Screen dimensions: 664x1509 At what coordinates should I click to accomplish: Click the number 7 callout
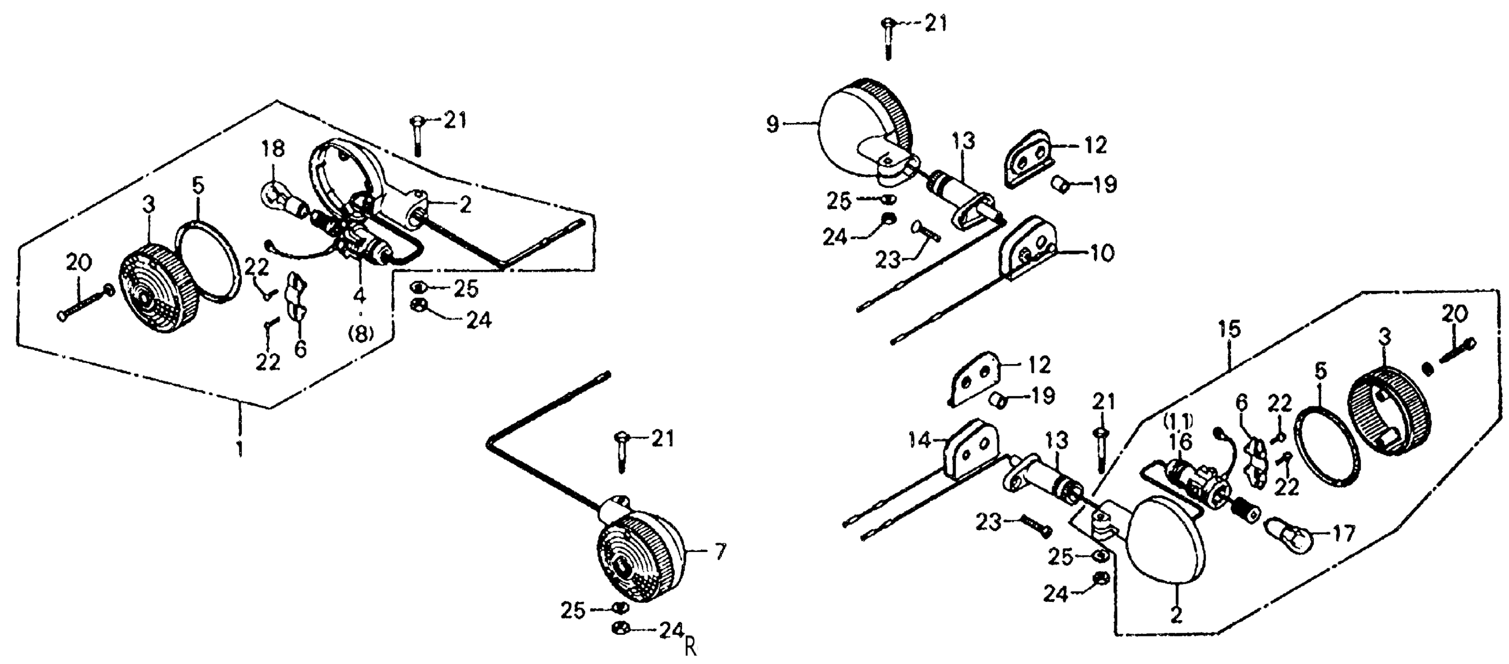(x=720, y=552)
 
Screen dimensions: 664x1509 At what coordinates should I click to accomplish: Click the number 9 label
(x=773, y=124)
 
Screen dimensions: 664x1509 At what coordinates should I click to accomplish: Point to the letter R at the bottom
(x=691, y=648)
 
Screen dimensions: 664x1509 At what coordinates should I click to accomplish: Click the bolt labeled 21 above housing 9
(x=887, y=39)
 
